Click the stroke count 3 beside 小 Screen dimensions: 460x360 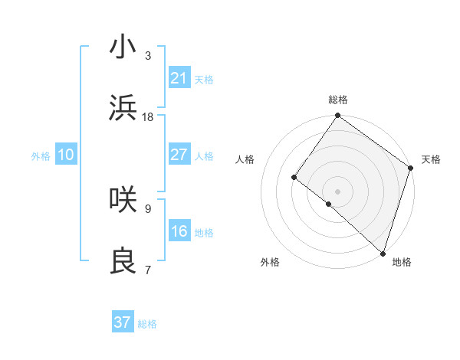coord(148,56)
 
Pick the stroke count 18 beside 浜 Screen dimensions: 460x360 coord(148,117)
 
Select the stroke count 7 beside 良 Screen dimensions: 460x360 coord(148,270)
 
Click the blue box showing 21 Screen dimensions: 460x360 coord(179,78)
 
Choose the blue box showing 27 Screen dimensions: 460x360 coord(179,155)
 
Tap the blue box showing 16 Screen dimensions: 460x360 coord(179,231)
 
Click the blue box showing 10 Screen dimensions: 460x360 coord(66,155)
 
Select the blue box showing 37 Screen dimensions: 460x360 coord(123,322)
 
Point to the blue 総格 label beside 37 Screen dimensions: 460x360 coord(147,324)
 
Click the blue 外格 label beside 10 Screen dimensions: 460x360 coord(41,156)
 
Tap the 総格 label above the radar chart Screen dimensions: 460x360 coord(337,100)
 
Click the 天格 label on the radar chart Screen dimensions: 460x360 coord(431,159)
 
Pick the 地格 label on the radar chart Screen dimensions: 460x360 coord(402,262)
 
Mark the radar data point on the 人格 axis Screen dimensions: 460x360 coord(294,178)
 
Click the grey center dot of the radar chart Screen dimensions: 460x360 coord(337,191)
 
